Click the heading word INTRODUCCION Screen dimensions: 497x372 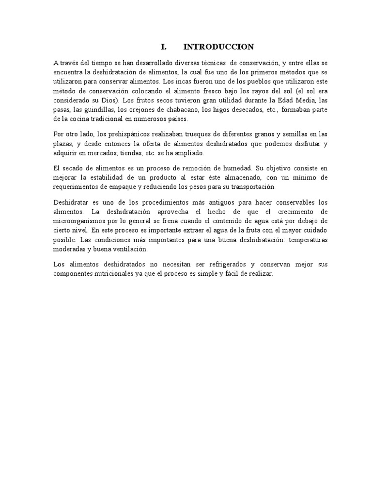(x=218, y=47)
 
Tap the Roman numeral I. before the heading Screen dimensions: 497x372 (x=163, y=47)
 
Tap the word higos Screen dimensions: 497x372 (x=218, y=110)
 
